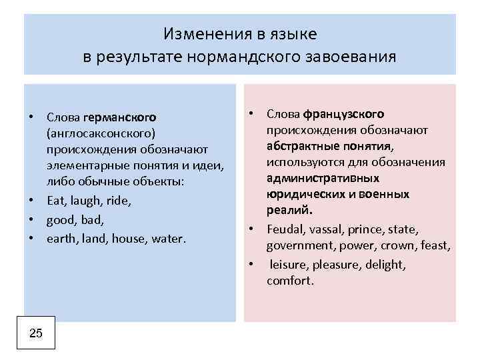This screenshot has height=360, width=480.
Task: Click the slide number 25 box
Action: point(37,333)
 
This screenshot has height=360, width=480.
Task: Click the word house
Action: point(126,238)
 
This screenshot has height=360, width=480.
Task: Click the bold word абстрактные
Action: point(299,146)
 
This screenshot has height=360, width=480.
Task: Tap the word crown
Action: point(401,246)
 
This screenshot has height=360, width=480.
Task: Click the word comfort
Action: point(290,281)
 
